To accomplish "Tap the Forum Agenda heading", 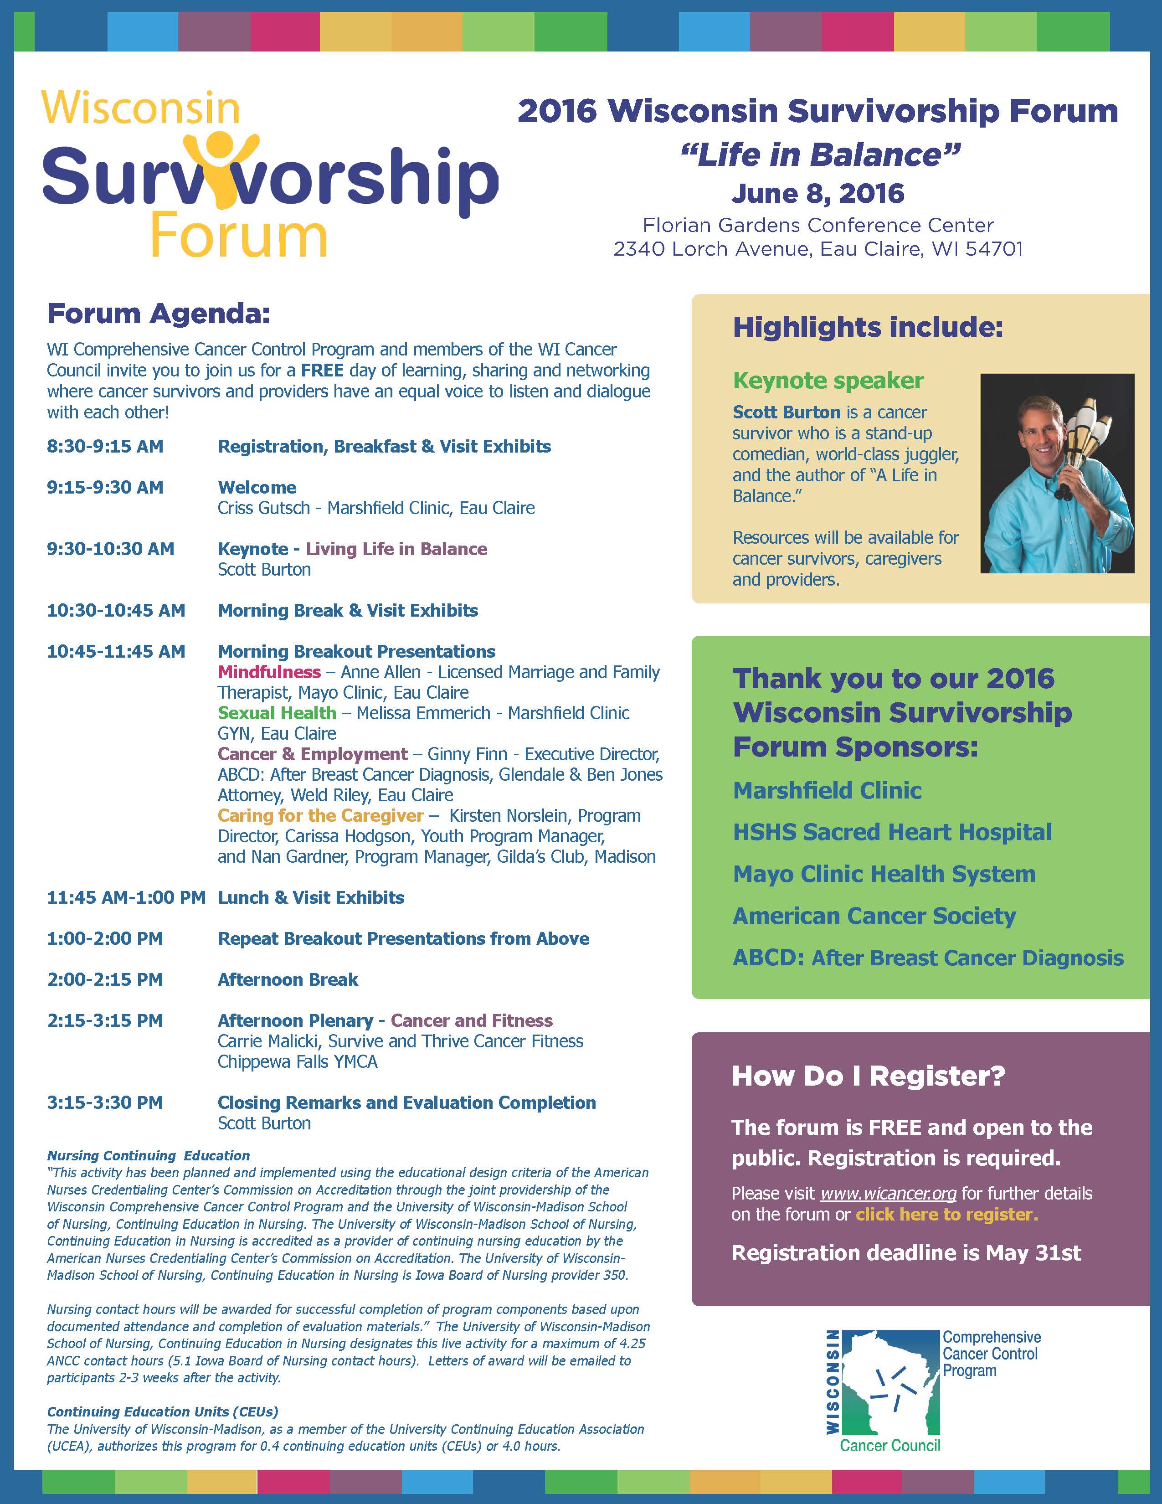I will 158,314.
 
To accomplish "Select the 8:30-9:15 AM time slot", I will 105,446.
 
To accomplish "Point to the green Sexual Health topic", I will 277,713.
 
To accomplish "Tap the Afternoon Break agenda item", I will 288,979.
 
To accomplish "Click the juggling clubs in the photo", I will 1088,441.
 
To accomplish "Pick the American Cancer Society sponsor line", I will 874,916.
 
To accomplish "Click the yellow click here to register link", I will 946,1214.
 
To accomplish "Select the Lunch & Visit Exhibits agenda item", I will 311,897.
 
